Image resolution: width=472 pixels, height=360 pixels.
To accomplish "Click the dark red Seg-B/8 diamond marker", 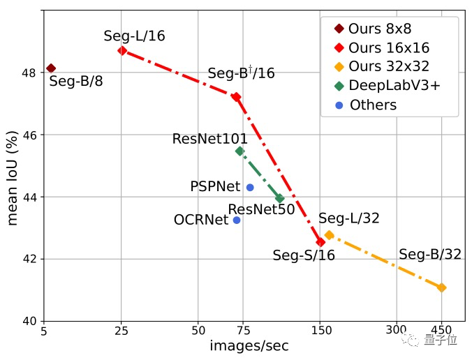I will pyautogui.click(x=50, y=68).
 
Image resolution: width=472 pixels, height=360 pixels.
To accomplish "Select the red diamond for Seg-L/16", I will pyautogui.click(x=122, y=50).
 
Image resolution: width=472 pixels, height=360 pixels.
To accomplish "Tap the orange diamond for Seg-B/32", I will pyautogui.click(x=441, y=287).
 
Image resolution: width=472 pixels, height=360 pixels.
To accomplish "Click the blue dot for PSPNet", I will pyautogui.click(x=250, y=187).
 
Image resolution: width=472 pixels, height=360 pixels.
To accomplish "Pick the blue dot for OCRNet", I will pyautogui.click(x=237, y=220).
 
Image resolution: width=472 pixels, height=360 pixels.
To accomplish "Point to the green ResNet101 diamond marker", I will pyautogui.click(x=239, y=151).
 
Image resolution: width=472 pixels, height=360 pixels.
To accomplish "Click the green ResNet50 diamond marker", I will pyautogui.click(x=280, y=199).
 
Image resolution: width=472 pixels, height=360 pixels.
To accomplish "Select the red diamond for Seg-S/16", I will pyautogui.click(x=320, y=242).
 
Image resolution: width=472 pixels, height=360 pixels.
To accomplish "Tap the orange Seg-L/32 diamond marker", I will pyautogui.click(x=329, y=235).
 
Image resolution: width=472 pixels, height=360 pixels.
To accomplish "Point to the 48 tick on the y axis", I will pyautogui.click(x=31, y=73).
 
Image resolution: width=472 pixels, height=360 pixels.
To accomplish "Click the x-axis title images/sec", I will pyautogui.click(x=249, y=346).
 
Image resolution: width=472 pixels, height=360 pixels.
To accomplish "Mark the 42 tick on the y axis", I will pyautogui.click(x=31, y=259).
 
